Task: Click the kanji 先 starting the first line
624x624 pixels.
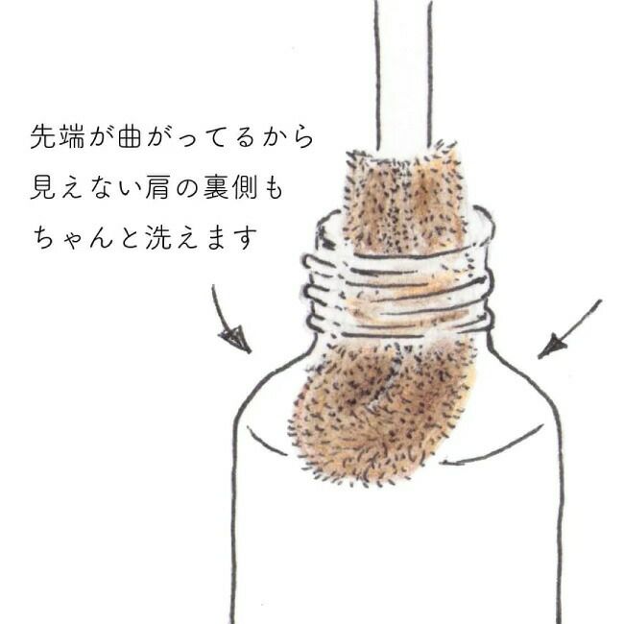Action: [42, 137]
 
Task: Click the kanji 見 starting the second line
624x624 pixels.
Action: [42, 187]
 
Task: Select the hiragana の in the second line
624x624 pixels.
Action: [186, 188]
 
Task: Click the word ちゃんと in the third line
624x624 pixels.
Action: [85, 237]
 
